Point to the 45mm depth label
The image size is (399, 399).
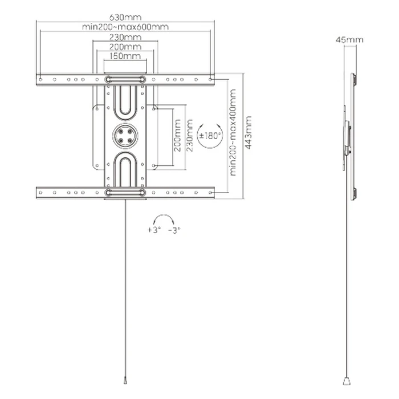click(349, 40)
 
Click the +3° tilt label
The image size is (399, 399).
click(153, 230)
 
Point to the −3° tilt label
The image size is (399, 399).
click(174, 230)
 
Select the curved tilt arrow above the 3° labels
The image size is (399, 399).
click(164, 220)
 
